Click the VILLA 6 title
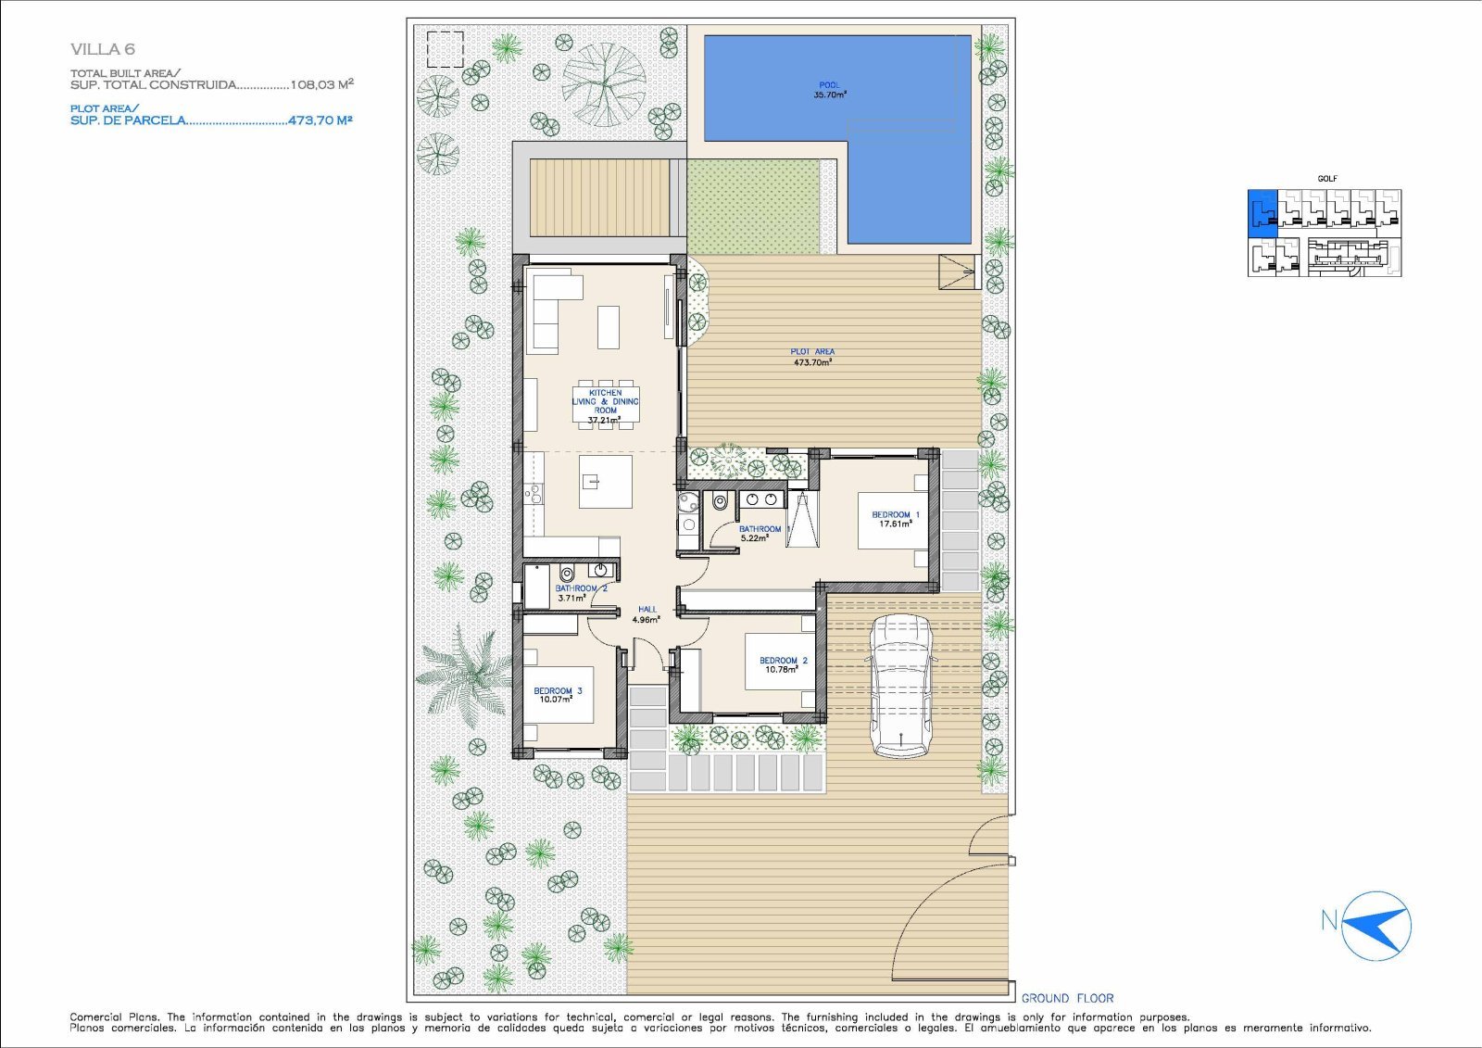103,49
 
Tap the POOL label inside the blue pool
829,84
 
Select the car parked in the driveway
902,685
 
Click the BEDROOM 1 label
895,514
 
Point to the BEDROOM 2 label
784,660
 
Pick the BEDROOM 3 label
558,690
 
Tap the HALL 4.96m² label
647,614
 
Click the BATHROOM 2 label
581,587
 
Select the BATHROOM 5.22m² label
760,534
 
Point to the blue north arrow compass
1376,926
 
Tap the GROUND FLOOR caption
1067,998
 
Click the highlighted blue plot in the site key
1262,212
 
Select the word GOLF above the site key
1326,179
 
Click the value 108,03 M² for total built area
321,84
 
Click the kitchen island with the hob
606,481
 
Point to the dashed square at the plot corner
445,49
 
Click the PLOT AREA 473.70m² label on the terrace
812,357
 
